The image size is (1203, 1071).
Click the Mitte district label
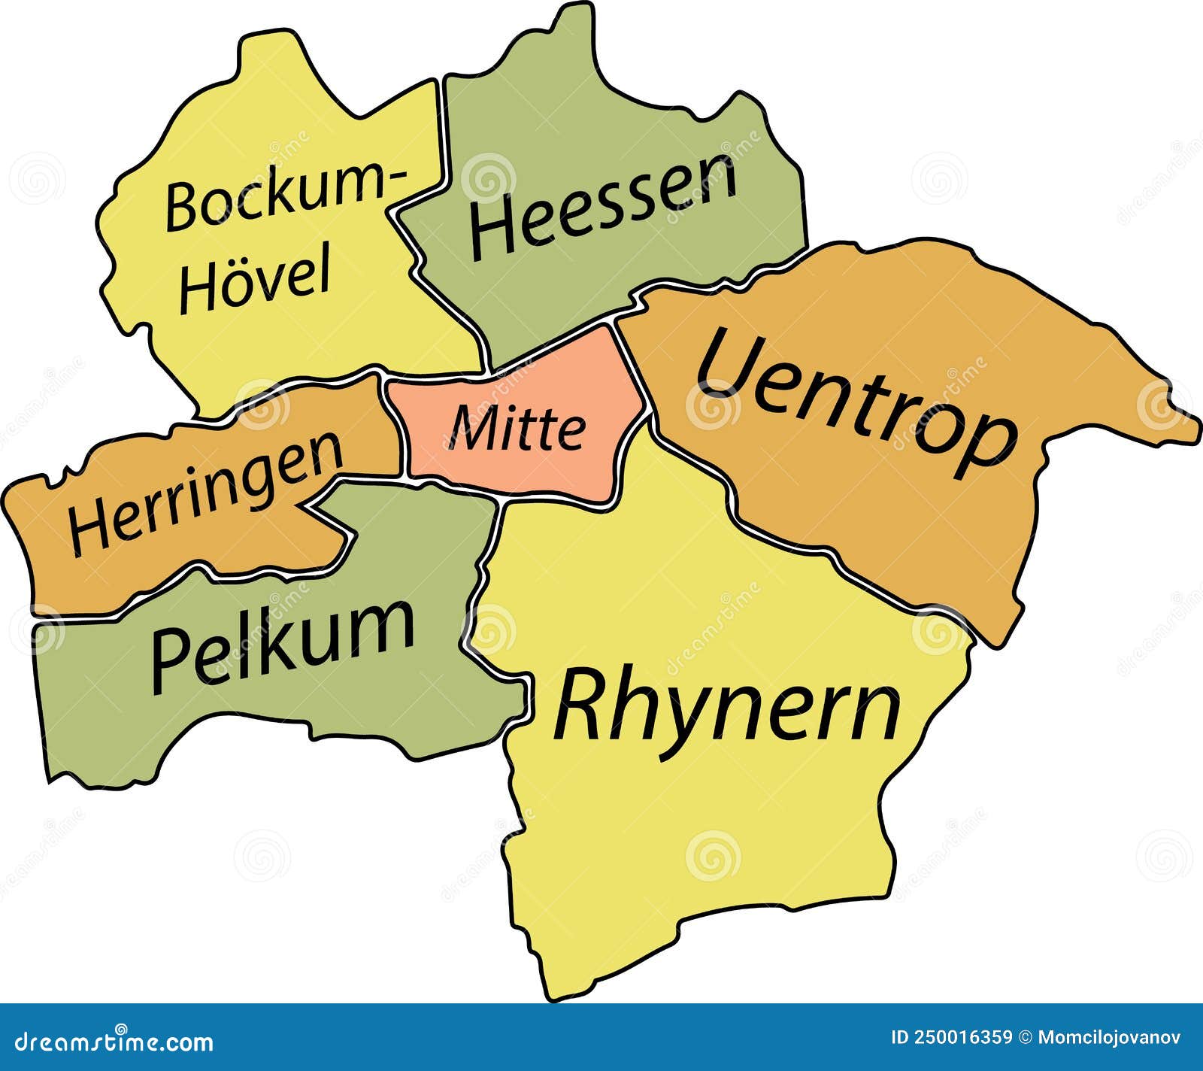517,428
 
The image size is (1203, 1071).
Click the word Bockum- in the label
284,196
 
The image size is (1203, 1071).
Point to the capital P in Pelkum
171,660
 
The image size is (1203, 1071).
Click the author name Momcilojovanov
1109,1038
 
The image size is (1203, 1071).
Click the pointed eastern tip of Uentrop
1194,437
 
